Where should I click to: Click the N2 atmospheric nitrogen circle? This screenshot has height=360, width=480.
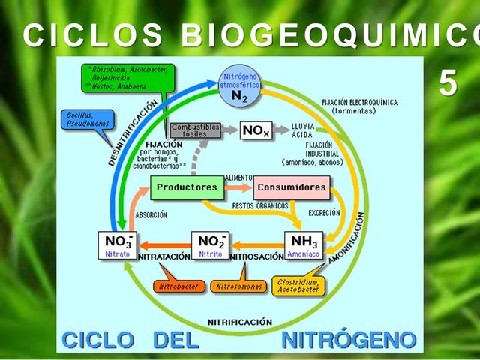240,83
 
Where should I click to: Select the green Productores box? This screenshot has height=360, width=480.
187,187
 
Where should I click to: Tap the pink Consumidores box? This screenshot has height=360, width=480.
291,187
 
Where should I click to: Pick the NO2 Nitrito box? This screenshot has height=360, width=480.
211,246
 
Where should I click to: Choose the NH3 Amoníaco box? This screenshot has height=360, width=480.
304,246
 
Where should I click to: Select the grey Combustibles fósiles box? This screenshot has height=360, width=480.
195,130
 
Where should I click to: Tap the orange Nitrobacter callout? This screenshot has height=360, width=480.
178,286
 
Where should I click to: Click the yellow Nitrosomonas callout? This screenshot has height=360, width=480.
238,286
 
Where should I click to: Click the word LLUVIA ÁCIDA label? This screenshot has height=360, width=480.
303,130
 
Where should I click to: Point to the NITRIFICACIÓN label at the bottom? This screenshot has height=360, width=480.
240,322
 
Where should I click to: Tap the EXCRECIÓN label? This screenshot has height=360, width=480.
324,214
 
